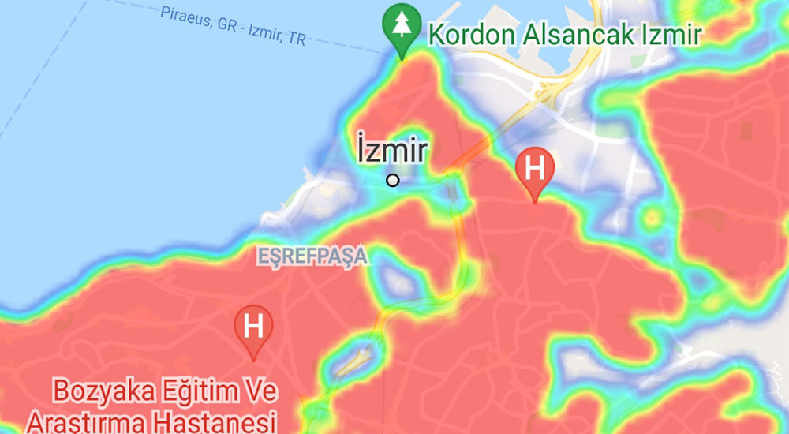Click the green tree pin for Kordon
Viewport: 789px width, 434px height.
[401, 28]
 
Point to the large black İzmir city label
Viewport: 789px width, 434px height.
[391, 150]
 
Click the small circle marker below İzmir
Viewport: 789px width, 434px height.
[393, 180]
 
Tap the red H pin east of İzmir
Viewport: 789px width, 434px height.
[534, 169]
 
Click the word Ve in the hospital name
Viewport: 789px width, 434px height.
[262, 390]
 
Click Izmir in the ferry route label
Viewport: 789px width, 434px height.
[264, 32]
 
